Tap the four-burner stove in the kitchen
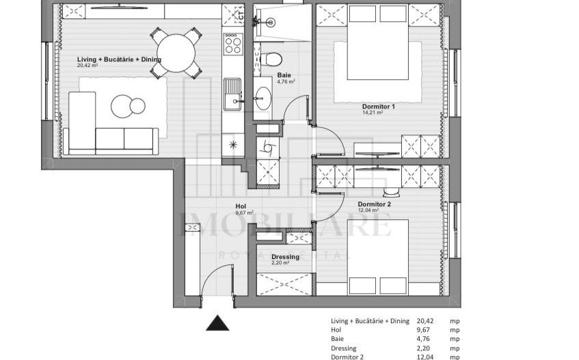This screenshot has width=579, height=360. click(x=233, y=44)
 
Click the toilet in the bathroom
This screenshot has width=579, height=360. click(x=271, y=57)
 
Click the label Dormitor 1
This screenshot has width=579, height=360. click(x=379, y=107)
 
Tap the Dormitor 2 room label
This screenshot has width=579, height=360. click(x=374, y=204)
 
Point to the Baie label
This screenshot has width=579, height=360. click(x=285, y=76)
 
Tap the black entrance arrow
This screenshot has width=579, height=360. click(x=217, y=323)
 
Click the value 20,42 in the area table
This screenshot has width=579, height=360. click(x=426, y=321)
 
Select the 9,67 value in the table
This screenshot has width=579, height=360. click(x=426, y=330)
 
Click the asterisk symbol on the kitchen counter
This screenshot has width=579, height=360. click(x=233, y=144)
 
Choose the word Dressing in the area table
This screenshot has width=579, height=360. click(x=344, y=348)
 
